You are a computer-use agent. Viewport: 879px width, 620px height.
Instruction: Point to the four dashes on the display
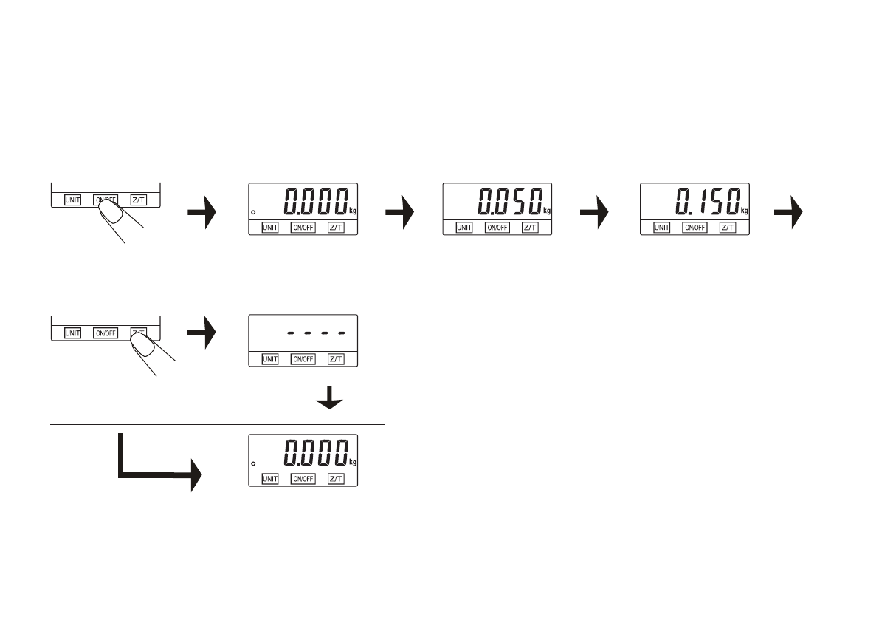click(x=316, y=333)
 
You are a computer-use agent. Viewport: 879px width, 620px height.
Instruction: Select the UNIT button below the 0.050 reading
click(x=464, y=227)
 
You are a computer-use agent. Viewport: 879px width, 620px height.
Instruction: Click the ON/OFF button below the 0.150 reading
click(x=694, y=227)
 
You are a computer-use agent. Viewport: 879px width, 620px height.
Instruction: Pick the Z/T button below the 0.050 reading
click(x=530, y=227)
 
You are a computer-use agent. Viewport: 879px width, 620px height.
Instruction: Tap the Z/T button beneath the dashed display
click(x=336, y=358)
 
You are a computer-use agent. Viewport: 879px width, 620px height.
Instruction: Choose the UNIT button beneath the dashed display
click(x=270, y=358)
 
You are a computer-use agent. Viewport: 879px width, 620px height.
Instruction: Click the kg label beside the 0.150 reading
click(x=744, y=211)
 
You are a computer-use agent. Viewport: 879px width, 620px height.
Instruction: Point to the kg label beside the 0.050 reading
click(x=547, y=211)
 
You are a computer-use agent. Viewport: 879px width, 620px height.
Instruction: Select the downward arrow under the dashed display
click(x=329, y=400)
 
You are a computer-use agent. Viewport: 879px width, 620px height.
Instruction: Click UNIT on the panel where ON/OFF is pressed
click(x=72, y=200)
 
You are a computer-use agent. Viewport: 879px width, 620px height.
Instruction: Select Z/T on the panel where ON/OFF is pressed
click(x=138, y=200)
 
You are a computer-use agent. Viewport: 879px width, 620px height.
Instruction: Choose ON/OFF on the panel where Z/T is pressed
click(x=105, y=333)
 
